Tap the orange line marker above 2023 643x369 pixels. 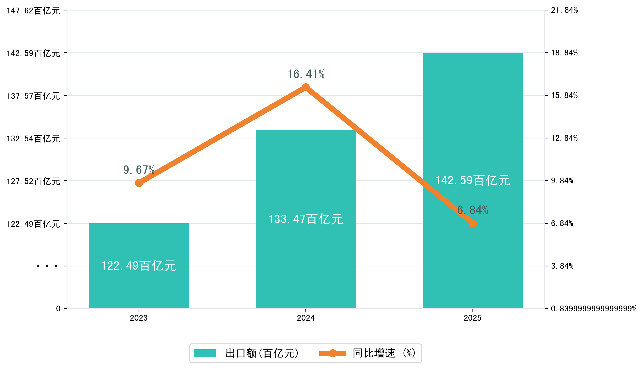point(139,183)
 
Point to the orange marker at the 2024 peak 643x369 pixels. point(305,88)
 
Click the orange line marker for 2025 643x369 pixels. point(473,223)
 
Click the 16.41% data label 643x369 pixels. point(306,74)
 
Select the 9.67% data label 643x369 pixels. point(139,170)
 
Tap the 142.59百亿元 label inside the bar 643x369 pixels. point(473,180)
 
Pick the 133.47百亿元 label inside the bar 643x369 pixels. point(305,219)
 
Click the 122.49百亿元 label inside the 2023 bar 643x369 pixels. point(139,266)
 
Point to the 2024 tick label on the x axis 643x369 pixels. point(305,318)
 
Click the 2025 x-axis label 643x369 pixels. point(473,318)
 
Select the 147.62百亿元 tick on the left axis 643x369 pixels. point(33,11)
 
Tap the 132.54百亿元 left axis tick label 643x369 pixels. point(33,139)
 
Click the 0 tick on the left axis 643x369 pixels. point(58,309)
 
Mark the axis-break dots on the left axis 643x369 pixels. point(47,266)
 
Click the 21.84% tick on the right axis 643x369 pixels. point(564,10)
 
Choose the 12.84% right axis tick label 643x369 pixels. point(564,138)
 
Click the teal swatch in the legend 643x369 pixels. point(205,353)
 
